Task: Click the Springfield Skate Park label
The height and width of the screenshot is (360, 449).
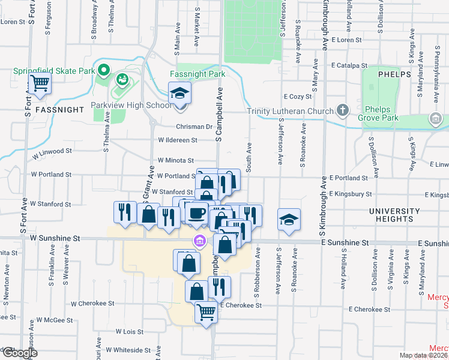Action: (55, 71)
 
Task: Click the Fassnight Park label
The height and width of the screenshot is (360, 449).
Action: (197, 74)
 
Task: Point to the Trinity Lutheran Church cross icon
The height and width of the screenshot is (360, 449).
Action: (342, 110)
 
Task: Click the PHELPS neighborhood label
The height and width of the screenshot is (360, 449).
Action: (394, 74)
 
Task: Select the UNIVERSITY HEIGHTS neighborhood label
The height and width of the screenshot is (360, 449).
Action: (394, 215)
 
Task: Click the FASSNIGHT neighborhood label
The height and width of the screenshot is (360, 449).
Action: (58, 110)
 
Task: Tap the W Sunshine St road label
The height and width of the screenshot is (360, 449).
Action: (55, 238)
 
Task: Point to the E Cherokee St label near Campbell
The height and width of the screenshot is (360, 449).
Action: (241, 305)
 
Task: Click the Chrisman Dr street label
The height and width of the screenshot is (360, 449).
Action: (194, 127)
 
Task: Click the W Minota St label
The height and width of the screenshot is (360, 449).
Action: (175, 161)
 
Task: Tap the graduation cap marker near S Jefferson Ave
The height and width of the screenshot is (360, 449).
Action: (289, 220)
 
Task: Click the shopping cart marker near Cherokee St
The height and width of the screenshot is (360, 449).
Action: (206, 312)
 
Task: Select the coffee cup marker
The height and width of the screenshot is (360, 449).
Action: (196, 213)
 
